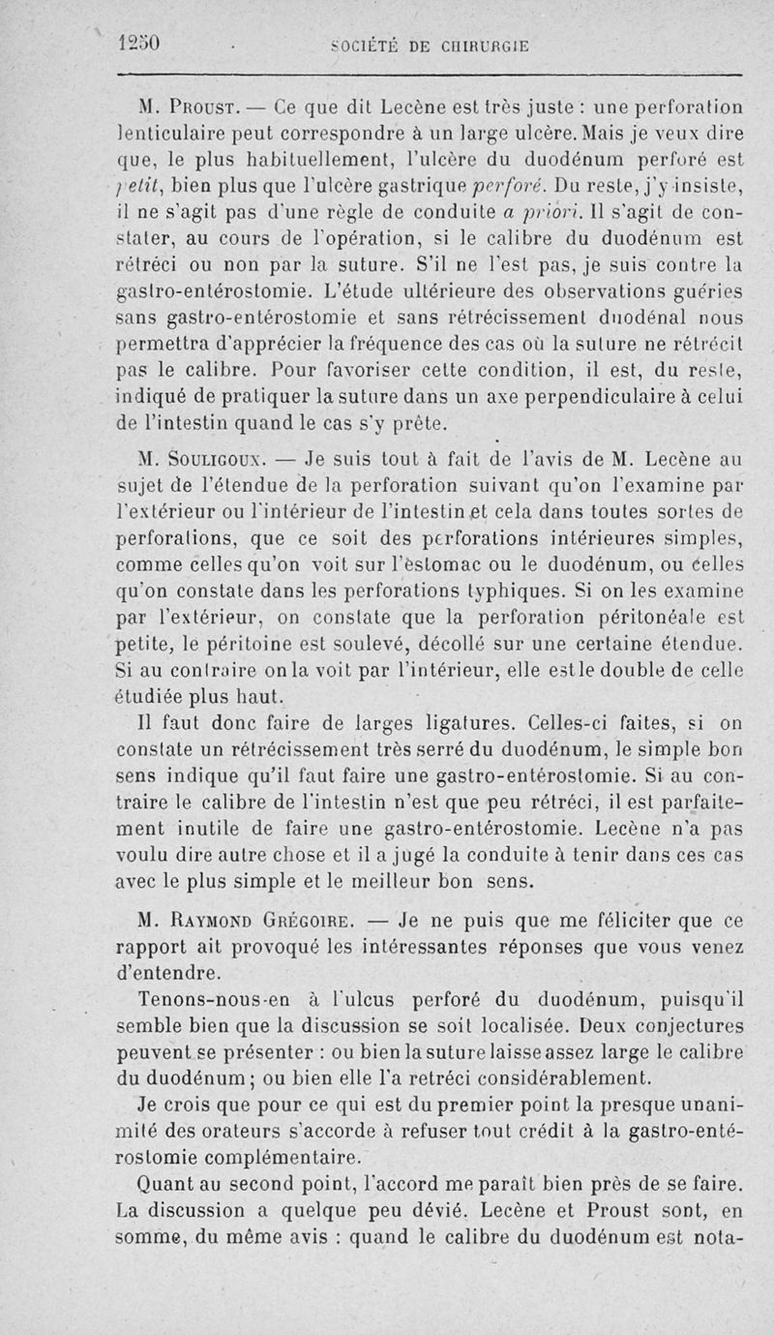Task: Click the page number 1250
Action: pos(139,43)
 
